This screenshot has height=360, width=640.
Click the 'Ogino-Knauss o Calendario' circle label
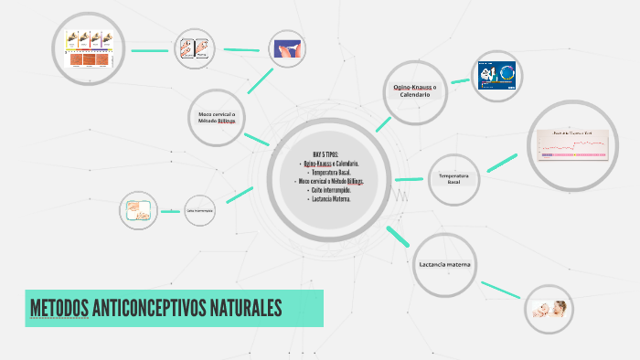pyautogui.click(x=414, y=90)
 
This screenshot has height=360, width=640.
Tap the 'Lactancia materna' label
pyautogui.click(x=445, y=264)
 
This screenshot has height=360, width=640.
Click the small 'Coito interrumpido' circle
pyautogui.click(x=199, y=211)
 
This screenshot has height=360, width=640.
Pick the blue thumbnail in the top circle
pyautogui.click(x=287, y=48)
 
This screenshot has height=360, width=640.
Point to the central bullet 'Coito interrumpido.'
pyautogui.click(x=329, y=190)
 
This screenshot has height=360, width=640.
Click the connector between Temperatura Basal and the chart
pyautogui.click(x=502, y=163)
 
